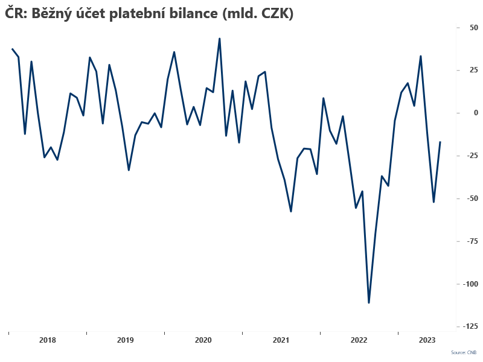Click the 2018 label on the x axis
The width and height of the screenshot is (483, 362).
click(x=47, y=340)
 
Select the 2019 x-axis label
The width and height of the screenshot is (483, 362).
click(x=125, y=340)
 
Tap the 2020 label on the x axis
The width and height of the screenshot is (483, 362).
click(x=203, y=340)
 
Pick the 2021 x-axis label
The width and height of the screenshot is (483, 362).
click(x=281, y=340)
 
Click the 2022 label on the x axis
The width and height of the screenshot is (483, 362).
click(x=359, y=340)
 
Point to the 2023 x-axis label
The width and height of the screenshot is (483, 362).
click(x=427, y=340)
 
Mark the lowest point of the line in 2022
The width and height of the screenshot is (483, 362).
click(x=369, y=302)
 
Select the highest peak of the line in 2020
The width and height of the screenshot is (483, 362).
click(x=219, y=39)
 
